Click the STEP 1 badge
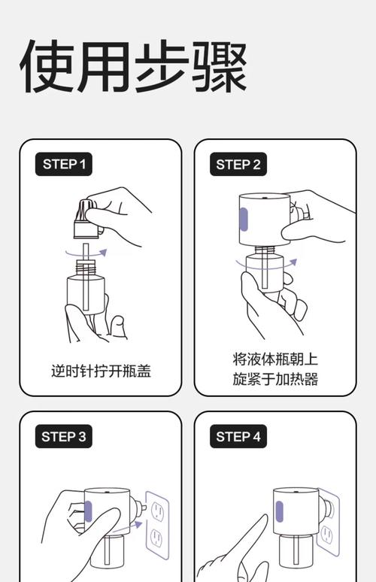click(x=64, y=164)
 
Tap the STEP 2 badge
click(x=238, y=164)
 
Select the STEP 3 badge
click(x=64, y=436)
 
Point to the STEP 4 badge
click(x=238, y=436)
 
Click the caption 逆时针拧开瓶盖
click(x=101, y=371)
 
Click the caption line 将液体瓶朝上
click(x=275, y=359)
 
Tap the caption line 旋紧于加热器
click(x=275, y=379)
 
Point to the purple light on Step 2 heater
click(x=243, y=217)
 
